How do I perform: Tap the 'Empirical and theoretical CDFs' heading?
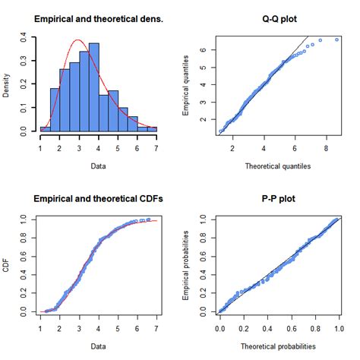coord(99,200)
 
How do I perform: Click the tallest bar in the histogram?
coord(93,87)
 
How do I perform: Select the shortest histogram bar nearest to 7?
coord(151,130)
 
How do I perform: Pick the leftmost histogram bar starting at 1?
coord(45,130)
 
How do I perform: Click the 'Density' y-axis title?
coord(8,84)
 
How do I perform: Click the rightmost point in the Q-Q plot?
coord(336,39)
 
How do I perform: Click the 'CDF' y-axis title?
coord(8,267)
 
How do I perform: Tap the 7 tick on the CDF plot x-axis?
coord(156,330)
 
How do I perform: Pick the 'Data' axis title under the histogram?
coord(99,164)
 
